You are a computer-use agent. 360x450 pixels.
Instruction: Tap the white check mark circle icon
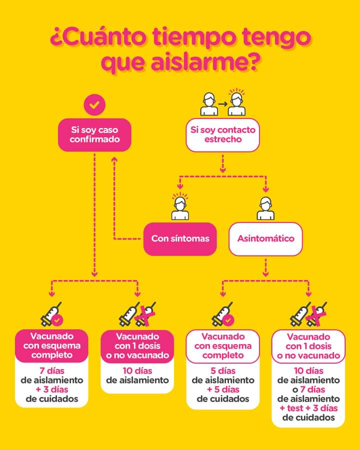[x=94, y=104]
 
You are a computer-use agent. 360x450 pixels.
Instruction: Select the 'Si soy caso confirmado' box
[x=95, y=134]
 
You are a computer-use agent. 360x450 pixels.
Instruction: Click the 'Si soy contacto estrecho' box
[x=223, y=134]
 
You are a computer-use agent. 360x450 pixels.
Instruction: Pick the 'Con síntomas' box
[x=180, y=238]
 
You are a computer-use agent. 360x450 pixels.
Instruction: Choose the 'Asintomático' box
[x=265, y=238]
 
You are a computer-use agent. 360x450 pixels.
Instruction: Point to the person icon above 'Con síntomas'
[x=180, y=207]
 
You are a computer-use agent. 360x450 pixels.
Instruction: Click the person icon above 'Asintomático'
[x=265, y=208]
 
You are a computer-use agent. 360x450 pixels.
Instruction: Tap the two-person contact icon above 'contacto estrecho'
[x=223, y=103]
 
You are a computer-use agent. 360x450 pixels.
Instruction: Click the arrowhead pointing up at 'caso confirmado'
[x=114, y=158]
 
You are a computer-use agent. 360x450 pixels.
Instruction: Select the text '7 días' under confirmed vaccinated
[x=52, y=370]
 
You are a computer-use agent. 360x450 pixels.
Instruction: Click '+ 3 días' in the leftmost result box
[x=52, y=389]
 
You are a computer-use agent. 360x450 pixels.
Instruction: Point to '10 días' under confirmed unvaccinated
[x=137, y=370]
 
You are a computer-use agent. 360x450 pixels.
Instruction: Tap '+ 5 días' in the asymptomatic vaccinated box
[x=223, y=389]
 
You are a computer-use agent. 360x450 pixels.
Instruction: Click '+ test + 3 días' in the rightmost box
[x=308, y=408]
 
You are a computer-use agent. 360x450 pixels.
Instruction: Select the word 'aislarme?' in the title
[x=206, y=64]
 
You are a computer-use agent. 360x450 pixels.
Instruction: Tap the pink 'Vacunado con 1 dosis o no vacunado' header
[x=137, y=346]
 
